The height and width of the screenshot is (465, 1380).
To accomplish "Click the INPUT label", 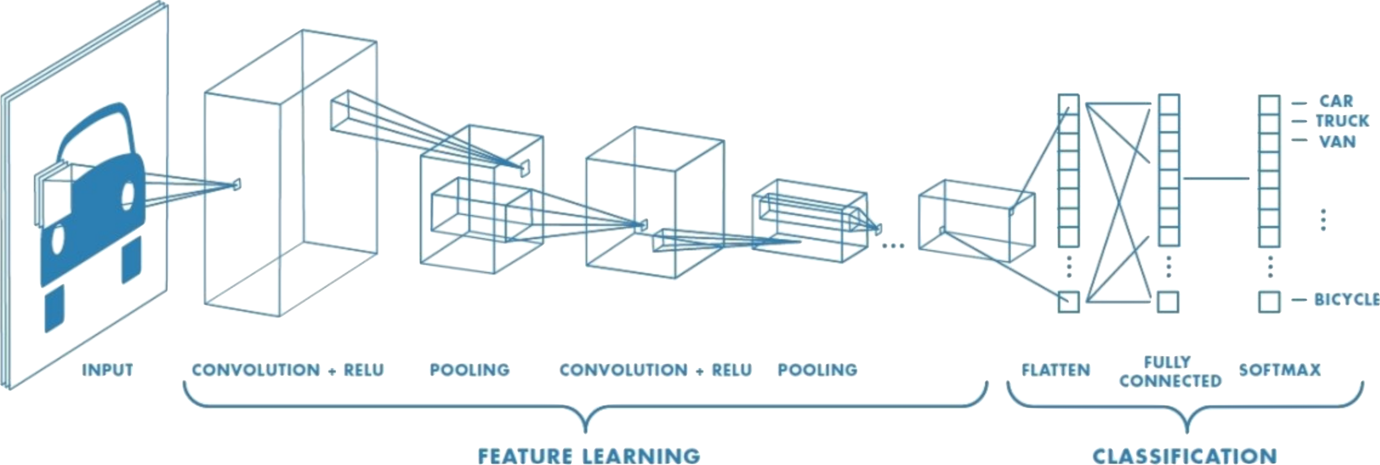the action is tap(107, 369).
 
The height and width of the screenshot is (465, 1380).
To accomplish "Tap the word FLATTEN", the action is tap(1055, 369).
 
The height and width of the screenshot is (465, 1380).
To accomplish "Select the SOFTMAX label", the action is tap(1280, 369).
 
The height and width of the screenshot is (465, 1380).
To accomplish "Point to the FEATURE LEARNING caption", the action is tap(588, 456).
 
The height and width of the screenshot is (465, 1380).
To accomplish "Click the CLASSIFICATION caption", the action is tap(1184, 456).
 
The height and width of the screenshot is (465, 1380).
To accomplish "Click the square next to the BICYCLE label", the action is tap(1268, 302).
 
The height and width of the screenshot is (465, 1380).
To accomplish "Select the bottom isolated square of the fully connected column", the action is tap(1169, 302).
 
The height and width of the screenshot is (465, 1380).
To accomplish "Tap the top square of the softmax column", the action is tap(1268, 104).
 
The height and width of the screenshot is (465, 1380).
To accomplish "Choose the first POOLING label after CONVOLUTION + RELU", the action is tap(469, 369).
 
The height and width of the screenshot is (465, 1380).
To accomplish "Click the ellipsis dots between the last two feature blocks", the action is tap(893, 245).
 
